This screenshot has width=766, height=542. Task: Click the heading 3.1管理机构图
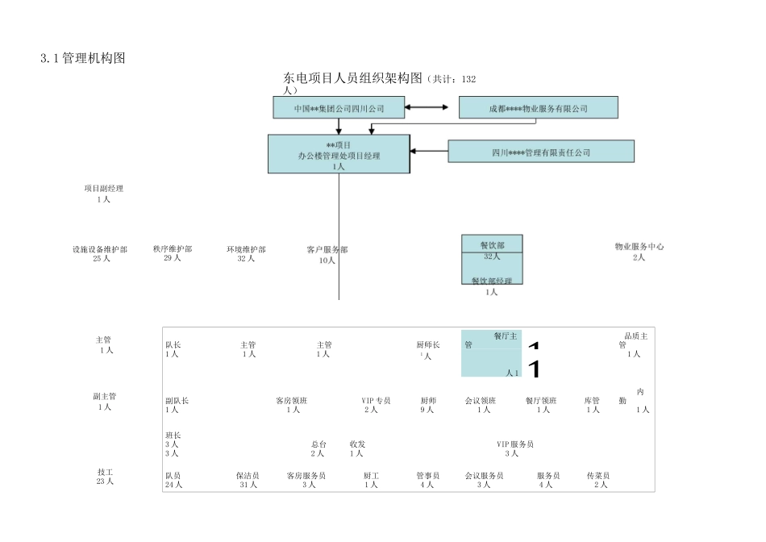point(82,58)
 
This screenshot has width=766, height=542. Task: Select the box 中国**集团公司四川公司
point(339,108)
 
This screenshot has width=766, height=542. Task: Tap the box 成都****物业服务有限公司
point(538,108)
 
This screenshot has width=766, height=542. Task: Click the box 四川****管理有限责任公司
point(540,152)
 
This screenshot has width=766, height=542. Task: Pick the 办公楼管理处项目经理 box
point(338,154)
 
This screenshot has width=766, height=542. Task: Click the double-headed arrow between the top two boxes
point(427,107)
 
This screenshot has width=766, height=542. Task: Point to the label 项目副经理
point(103,189)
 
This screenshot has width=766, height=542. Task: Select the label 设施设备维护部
point(100,249)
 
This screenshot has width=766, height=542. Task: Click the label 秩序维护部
point(173,249)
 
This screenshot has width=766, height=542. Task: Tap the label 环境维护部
point(246,249)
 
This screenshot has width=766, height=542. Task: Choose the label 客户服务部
point(327,250)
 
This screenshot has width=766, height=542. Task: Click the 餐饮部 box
point(492,244)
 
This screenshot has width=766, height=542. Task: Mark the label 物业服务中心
point(639,247)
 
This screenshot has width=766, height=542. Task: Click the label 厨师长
point(427,345)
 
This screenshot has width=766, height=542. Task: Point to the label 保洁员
point(247,476)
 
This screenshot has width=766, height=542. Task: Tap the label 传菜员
point(597,476)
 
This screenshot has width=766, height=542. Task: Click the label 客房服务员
point(306,476)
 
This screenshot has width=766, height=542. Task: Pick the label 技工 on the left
point(104,472)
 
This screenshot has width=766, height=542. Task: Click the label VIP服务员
point(514,444)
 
